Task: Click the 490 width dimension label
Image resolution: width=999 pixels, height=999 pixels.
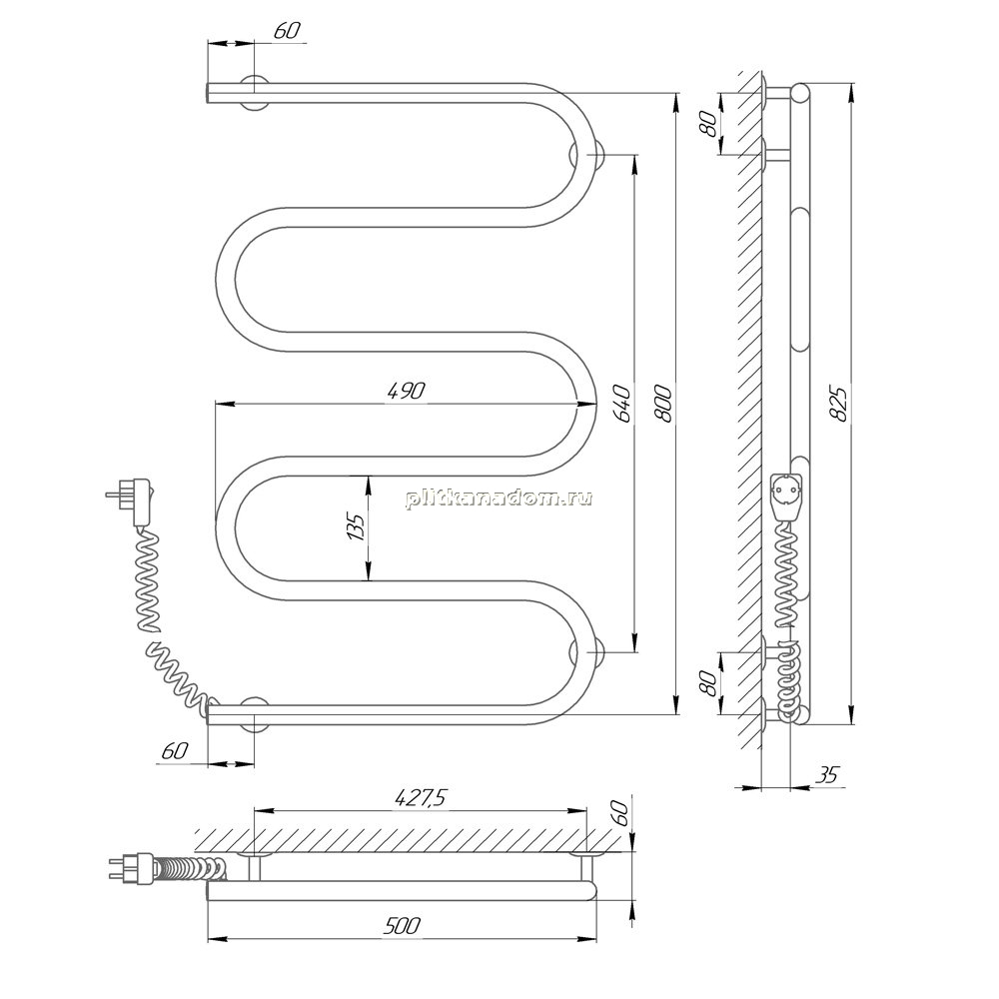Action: coord(406,391)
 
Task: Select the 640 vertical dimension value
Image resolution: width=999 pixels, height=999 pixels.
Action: coord(622,404)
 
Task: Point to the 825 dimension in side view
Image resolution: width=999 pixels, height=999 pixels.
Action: coord(840,404)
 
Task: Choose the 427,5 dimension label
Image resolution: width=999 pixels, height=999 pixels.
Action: coord(421,797)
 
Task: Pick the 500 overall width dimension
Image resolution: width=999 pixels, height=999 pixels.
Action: coord(402,925)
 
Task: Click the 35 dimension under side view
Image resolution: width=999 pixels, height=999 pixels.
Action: coord(827,775)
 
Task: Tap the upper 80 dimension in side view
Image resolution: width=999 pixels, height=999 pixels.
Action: coord(708,124)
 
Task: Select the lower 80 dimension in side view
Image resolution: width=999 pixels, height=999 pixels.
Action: coord(708,683)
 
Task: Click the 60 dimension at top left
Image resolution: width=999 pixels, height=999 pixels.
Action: coord(287,30)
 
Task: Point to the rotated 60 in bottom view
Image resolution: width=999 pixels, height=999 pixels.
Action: coord(621,811)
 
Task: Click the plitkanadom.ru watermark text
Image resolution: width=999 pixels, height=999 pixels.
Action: coord(499,498)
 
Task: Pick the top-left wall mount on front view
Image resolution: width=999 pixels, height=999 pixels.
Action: coord(254,92)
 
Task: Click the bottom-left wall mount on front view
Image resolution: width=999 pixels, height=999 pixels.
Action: coord(254,715)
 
